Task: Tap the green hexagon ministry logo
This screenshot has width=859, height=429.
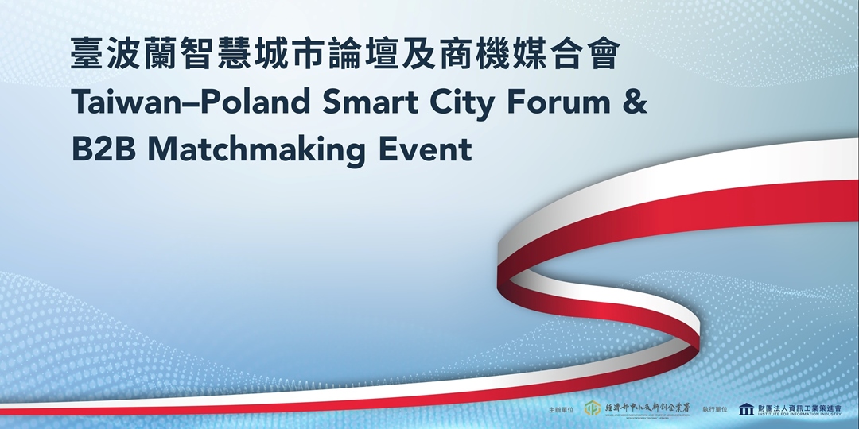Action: tap(592, 408)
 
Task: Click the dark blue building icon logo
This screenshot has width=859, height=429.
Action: tap(746, 408)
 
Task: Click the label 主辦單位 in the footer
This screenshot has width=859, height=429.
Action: tap(561, 409)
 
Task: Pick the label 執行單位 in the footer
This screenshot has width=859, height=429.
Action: tap(715, 409)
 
